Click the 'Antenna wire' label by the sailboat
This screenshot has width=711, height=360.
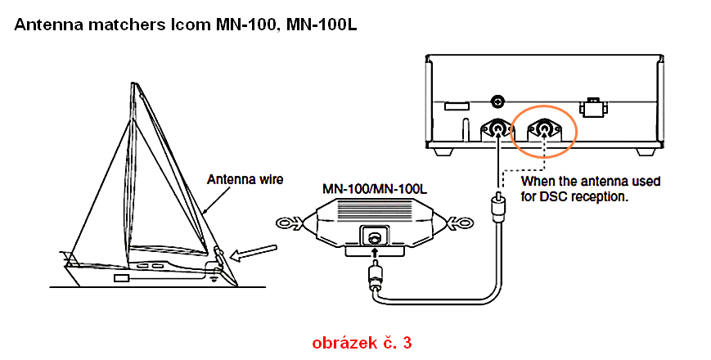click(245, 178)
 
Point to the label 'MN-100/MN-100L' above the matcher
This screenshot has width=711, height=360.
click(372, 187)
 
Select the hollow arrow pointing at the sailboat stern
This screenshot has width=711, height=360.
click(254, 251)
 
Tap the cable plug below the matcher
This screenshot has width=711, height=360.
click(374, 278)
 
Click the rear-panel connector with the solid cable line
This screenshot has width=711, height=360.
click(497, 129)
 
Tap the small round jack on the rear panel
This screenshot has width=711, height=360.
click(496, 101)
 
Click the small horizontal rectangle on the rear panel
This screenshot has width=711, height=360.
click(456, 106)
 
